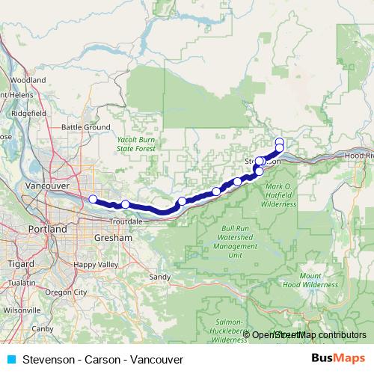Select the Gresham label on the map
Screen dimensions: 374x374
click(x=114, y=237)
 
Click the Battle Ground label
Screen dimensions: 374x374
click(x=86, y=127)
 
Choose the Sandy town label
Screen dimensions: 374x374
click(x=160, y=276)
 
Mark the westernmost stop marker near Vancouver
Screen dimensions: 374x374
click(x=93, y=199)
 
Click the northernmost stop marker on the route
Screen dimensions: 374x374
click(x=280, y=141)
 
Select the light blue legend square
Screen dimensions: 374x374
click(x=10, y=359)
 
